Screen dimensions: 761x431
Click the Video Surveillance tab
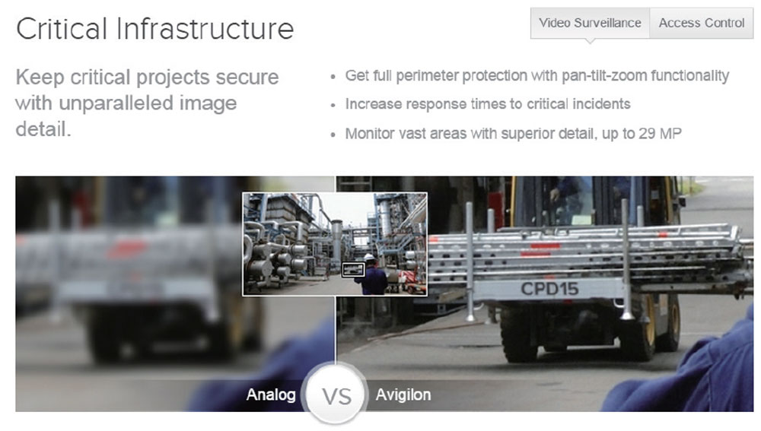point(590,23)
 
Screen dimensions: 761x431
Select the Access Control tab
point(702,23)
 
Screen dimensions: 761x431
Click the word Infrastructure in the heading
point(205,29)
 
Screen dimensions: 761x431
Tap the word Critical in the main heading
point(62,29)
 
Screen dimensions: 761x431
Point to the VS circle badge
point(336,395)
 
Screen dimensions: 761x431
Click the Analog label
point(271,395)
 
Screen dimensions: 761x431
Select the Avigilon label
point(403,395)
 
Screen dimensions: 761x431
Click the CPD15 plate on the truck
point(549,290)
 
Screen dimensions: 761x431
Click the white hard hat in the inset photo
point(370,257)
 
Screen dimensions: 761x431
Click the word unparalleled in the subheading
point(116,103)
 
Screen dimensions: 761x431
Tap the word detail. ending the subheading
point(43,129)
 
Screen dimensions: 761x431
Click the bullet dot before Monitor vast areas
point(333,135)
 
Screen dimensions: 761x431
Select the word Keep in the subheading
point(40,78)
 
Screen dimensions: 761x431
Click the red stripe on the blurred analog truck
point(127,249)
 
